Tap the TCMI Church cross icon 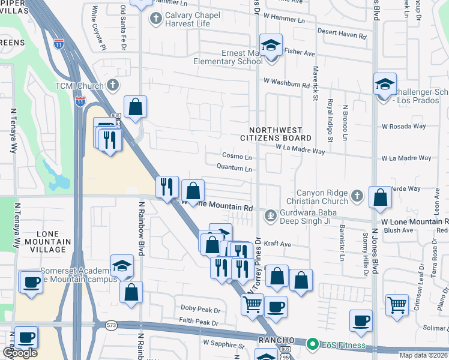tap(112, 85)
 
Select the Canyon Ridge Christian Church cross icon tap(357, 195)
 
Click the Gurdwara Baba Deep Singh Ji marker tap(271, 214)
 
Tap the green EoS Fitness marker tap(312, 344)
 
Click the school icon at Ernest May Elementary tap(271, 45)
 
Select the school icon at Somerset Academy tap(122, 266)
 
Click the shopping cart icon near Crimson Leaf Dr tap(397, 305)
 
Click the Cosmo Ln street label tap(236, 157)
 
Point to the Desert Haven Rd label tap(342, 36)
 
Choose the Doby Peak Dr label tap(200, 308)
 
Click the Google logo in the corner tap(20, 353)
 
